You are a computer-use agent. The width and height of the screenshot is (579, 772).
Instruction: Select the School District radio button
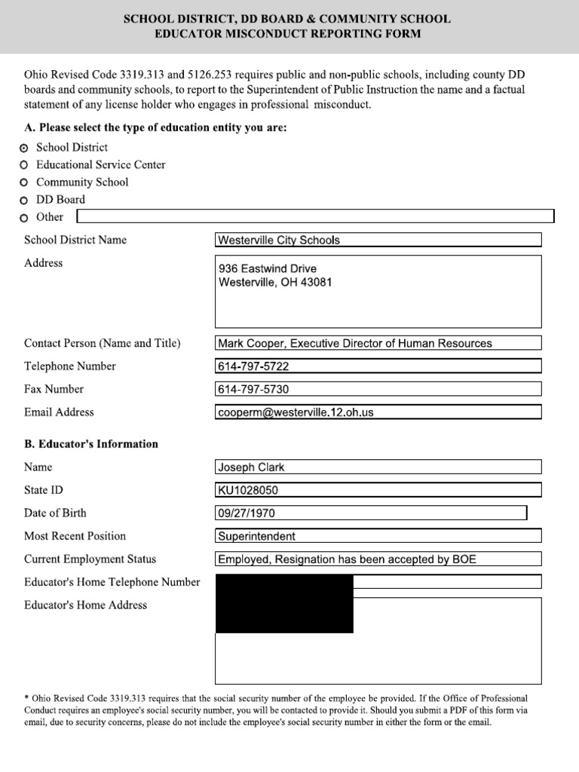(x=25, y=148)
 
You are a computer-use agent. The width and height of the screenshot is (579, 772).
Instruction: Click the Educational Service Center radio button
(x=25, y=165)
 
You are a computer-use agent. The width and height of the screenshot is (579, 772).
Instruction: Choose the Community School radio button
(x=25, y=182)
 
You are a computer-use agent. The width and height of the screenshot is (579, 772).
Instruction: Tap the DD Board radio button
(x=25, y=201)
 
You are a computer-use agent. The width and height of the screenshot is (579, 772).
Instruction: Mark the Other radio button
(x=25, y=218)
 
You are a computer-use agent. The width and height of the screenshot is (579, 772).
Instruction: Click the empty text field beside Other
(x=315, y=217)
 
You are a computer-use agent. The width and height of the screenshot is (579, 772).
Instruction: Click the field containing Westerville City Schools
(x=378, y=240)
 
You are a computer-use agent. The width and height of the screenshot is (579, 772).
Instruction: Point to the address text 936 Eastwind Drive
(x=268, y=268)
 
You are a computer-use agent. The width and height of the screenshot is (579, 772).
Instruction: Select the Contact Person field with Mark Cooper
(x=378, y=343)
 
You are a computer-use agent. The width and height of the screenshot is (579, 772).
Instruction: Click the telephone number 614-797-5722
(x=378, y=366)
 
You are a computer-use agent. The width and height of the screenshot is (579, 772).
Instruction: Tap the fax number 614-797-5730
(x=378, y=389)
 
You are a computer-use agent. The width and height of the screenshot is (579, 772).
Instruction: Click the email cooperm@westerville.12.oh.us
(x=378, y=412)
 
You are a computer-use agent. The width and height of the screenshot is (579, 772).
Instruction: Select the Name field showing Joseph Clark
(x=378, y=467)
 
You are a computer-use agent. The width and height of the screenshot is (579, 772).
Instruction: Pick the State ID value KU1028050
(x=378, y=490)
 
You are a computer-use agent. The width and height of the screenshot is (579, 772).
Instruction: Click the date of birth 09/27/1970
(x=370, y=513)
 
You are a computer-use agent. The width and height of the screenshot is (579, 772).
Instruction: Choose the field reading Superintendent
(x=378, y=536)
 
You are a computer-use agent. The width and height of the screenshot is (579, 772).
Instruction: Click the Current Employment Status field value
(x=378, y=559)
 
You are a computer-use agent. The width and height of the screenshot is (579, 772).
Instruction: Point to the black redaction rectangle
(x=284, y=603)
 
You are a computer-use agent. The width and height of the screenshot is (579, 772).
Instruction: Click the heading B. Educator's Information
(x=91, y=444)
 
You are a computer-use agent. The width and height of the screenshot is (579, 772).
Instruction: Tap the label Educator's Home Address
(x=86, y=605)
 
